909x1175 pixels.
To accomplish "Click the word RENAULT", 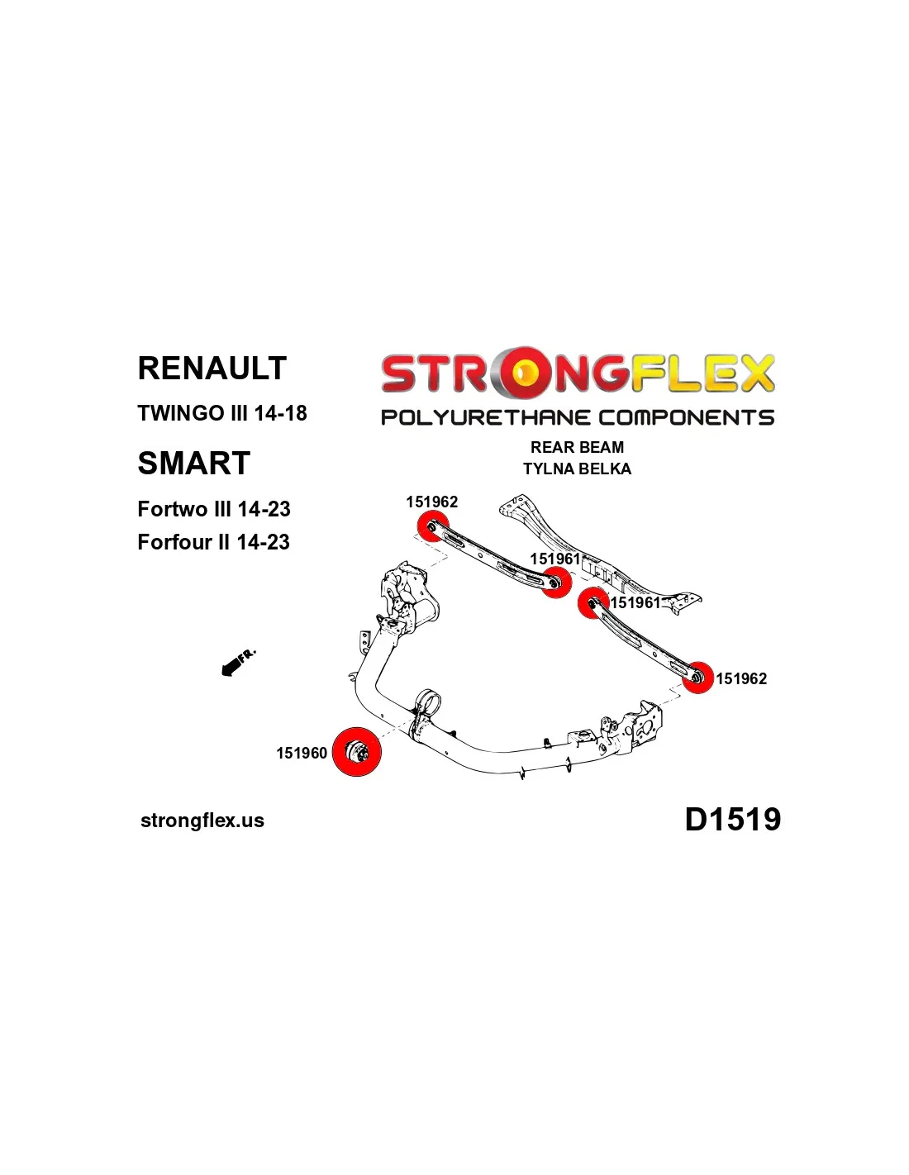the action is point(212,368).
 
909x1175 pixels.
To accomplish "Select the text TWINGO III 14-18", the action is point(222,413).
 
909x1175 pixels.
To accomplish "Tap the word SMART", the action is point(193,463).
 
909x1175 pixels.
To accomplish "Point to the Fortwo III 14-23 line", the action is point(214,509).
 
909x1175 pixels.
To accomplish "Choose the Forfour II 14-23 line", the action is point(213,542).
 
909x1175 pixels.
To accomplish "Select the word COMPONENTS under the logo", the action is point(686,417).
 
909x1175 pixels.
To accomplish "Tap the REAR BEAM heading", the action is point(577,447).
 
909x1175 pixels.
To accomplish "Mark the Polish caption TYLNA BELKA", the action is point(577,469).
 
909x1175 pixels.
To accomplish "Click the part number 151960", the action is point(302,753).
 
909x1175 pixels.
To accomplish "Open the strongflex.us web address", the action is point(202,820).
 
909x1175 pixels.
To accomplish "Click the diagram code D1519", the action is point(732,819).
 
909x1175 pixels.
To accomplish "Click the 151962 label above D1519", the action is point(741,678).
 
